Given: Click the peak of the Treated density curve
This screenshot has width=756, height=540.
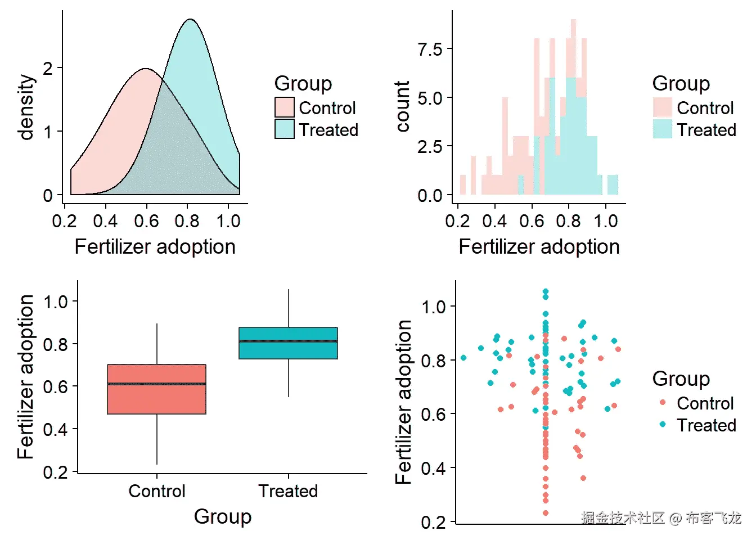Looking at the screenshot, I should (191, 20).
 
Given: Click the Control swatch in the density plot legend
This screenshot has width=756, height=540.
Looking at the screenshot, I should (285, 107).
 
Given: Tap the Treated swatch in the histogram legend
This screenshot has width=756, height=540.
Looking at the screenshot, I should (663, 129).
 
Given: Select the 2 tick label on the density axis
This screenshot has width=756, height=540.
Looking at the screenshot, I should (48, 68).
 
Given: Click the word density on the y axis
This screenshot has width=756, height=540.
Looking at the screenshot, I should (26, 107).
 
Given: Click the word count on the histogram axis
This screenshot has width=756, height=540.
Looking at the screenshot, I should (403, 106).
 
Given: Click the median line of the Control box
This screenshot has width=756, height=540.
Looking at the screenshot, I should (156, 384).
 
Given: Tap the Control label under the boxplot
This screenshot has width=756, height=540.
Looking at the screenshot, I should (156, 491).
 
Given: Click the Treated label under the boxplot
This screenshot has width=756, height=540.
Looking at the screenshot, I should (288, 491).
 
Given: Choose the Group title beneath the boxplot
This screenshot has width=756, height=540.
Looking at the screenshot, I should (223, 516).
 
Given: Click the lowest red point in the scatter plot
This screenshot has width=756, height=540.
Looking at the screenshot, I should (546, 513).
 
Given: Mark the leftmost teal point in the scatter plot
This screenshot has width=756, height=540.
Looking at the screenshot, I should (463, 358).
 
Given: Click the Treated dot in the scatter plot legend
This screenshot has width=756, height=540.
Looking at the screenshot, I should (663, 424).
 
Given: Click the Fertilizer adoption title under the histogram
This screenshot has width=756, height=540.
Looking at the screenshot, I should (539, 247).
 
